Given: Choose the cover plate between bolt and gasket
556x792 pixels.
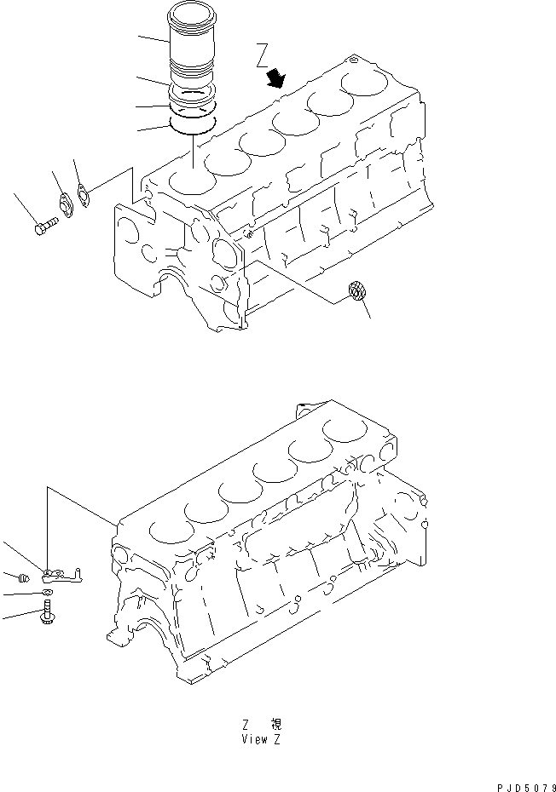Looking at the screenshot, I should click(x=64, y=205).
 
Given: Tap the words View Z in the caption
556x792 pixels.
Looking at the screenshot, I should click(x=262, y=738).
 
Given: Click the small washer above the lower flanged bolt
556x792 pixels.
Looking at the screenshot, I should click(x=47, y=592).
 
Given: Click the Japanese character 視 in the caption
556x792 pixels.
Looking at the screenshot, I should click(x=275, y=725).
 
